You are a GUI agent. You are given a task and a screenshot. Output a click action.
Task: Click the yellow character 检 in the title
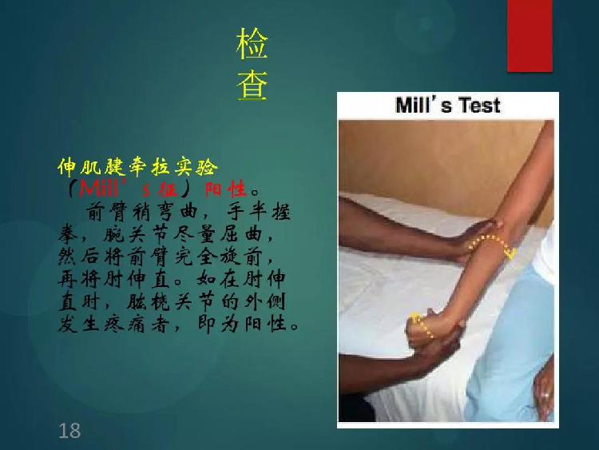tap(252, 44)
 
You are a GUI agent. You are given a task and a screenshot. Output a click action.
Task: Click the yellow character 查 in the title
tap(252, 86)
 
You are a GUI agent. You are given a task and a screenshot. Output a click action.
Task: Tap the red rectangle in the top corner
tap(530, 35)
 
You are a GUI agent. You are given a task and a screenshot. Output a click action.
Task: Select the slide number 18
tap(69, 431)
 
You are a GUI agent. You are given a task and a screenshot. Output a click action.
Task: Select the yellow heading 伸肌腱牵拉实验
tap(137, 167)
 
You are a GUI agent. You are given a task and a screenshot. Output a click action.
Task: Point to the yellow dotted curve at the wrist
tap(422, 326)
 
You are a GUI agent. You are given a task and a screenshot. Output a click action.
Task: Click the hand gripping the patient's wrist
tap(434, 333)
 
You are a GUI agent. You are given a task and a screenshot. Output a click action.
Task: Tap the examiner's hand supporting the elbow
tap(474, 238)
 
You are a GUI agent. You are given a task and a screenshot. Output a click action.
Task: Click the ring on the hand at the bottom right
tap(545, 395)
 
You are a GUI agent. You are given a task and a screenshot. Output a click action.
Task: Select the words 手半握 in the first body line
tap(259, 212)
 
